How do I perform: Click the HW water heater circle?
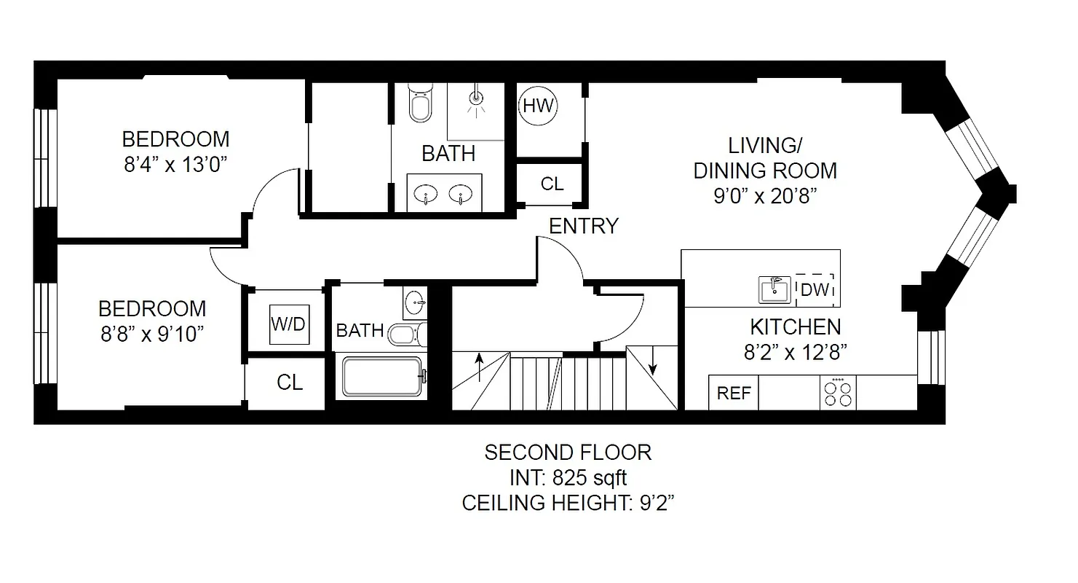[539, 106]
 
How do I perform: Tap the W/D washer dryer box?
[289, 324]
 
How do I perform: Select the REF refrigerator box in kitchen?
[734, 393]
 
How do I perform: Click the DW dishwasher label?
[815, 290]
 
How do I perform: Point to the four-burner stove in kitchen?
[838, 394]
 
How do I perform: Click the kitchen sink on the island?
[774, 289]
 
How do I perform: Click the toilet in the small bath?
[403, 334]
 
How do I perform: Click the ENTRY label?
[583, 227]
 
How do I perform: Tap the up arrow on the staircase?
[479, 363]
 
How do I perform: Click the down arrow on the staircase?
[653, 363]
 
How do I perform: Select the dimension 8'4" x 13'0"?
[176, 164]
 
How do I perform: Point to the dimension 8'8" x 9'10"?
[152, 334]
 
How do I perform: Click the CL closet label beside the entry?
[552, 184]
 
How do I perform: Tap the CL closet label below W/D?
[290, 383]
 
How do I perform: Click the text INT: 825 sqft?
[568, 478]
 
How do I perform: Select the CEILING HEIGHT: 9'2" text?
[568, 503]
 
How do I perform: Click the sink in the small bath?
[415, 300]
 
